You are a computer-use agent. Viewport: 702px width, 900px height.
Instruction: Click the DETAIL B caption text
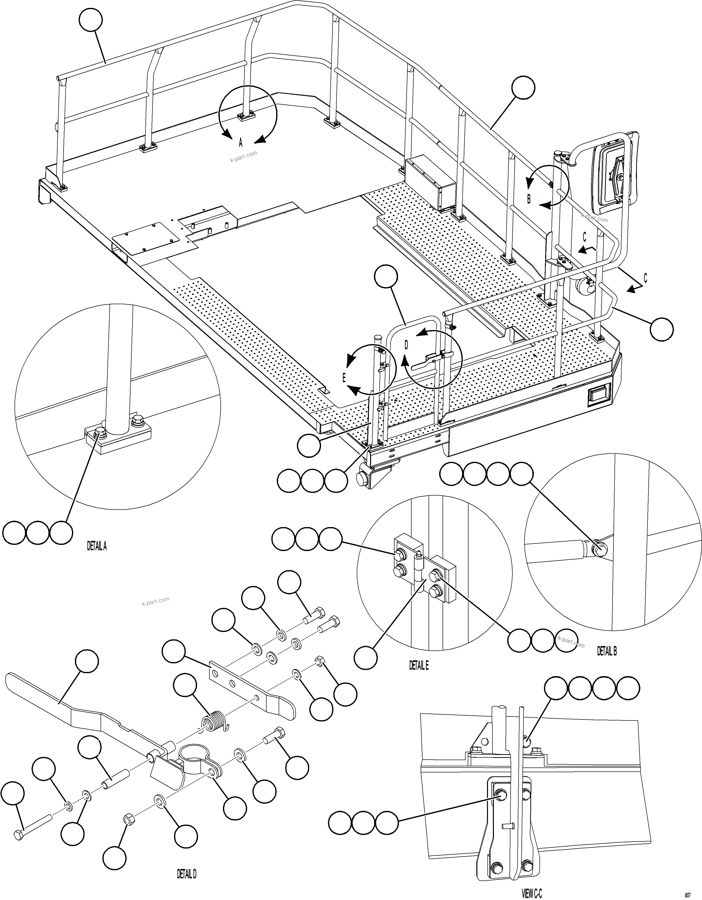click(x=607, y=651)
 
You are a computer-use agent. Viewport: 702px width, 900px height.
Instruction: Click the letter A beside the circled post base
click(x=241, y=143)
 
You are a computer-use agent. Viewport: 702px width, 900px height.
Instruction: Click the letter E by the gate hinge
click(x=344, y=378)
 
